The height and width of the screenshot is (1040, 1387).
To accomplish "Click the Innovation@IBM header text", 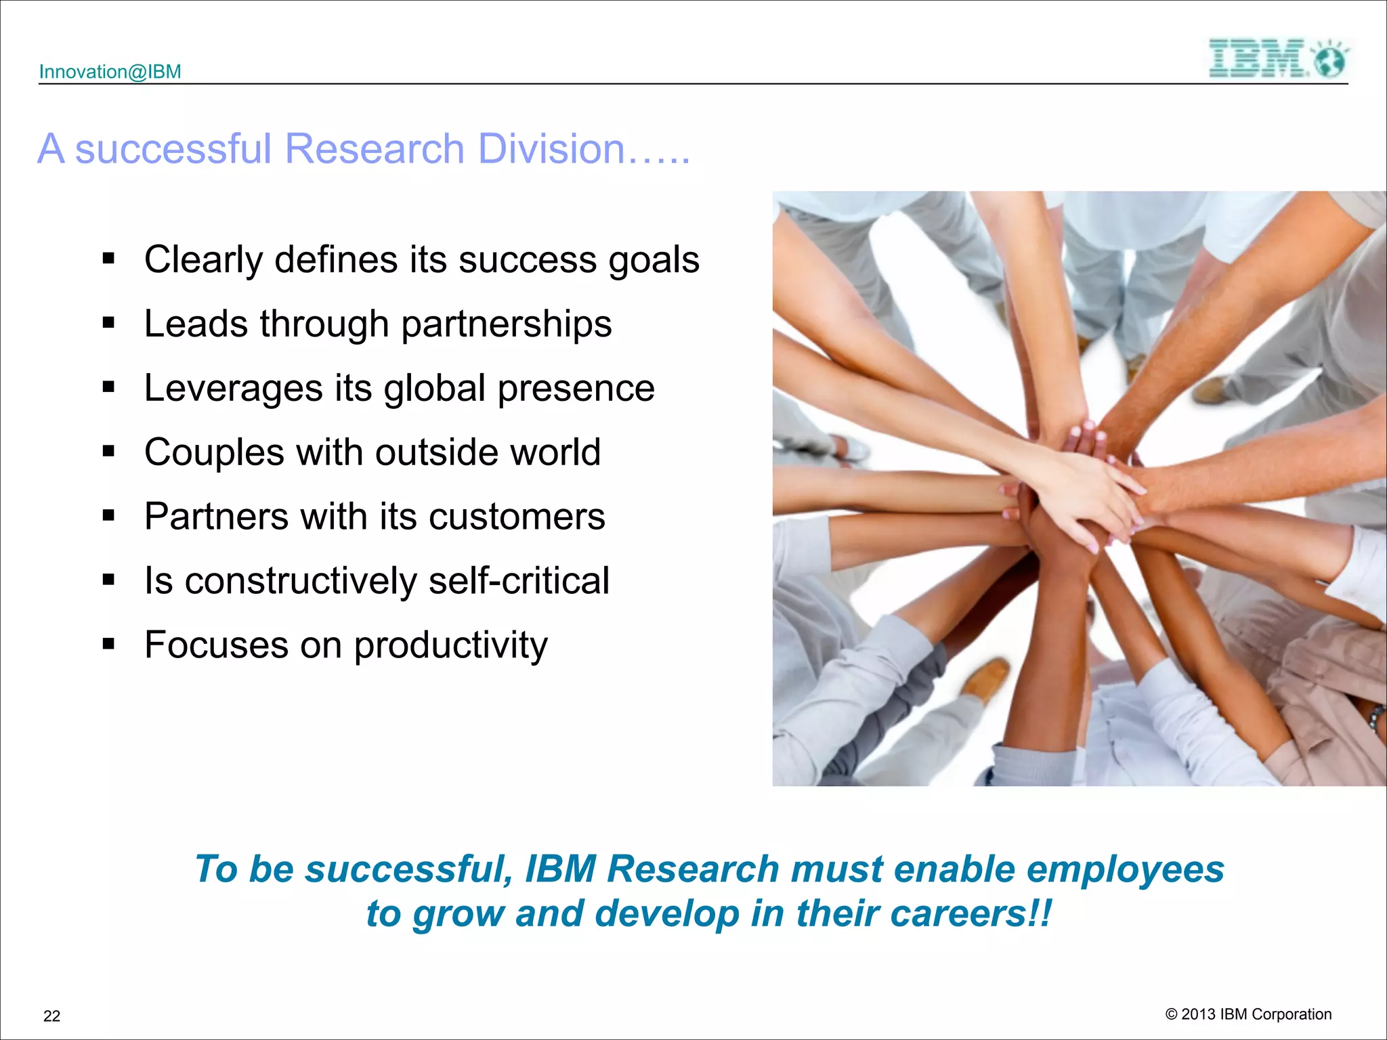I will tap(110, 72).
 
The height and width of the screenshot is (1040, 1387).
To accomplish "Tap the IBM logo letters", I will tap(1257, 58).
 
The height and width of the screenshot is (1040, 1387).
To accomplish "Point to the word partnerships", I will tap(506, 324).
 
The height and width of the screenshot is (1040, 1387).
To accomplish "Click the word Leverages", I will tap(233, 388).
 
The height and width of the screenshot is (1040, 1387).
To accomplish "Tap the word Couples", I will tap(214, 452).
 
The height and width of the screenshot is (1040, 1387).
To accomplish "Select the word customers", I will tap(517, 517).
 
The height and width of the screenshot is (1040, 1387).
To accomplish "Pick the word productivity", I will tap(450, 645).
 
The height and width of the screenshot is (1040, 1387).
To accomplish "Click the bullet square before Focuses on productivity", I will tap(108, 643).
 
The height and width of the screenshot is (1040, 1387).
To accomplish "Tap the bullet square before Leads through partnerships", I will tap(108, 322).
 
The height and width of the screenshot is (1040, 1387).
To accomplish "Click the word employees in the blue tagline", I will tap(1125, 869).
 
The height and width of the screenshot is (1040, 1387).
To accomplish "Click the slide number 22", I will tap(51, 1016).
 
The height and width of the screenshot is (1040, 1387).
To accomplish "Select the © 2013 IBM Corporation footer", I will tap(1248, 1014).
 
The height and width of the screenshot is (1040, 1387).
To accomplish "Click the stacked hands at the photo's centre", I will tap(1084, 494).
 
